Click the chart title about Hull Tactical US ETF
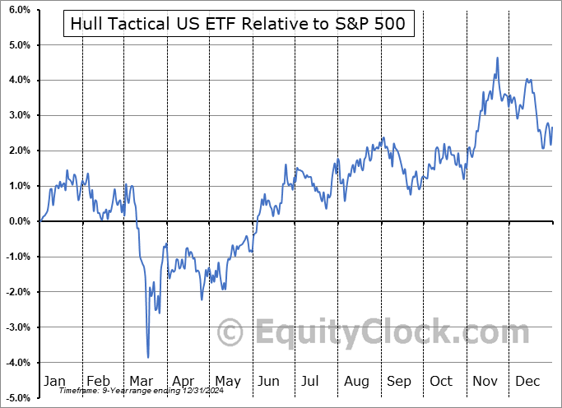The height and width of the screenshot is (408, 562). (x=238, y=25)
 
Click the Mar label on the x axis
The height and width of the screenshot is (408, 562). (x=140, y=381)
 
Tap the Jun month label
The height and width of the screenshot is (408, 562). (x=268, y=381)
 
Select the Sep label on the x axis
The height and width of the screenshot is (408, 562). (x=399, y=381)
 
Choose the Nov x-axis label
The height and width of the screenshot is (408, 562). (x=485, y=381)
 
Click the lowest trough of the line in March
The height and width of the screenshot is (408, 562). (x=148, y=357)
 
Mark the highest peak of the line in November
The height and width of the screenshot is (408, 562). (x=498, y=58)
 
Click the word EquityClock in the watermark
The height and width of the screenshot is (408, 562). (x=379, y=333)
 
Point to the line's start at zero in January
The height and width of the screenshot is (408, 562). (x=40, y=220)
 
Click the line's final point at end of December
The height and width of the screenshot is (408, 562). (x=552, y=127)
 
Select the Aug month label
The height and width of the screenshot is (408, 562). (x=356, y=381)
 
